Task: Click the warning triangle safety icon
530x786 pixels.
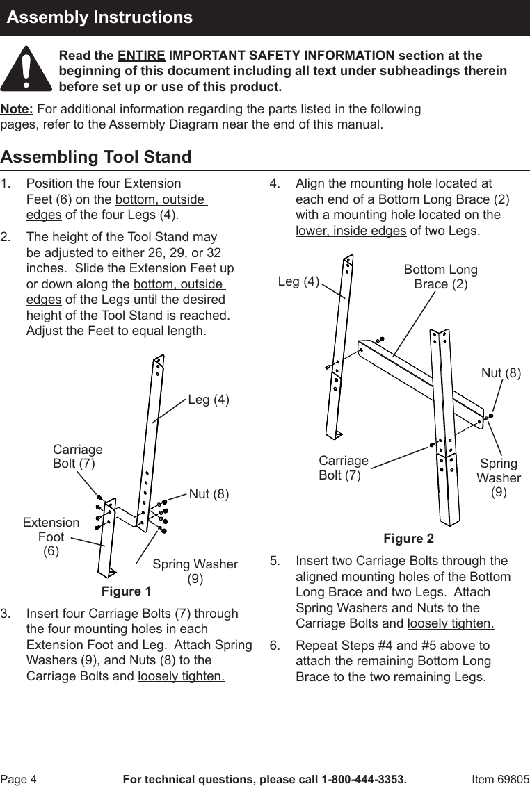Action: (26, 69)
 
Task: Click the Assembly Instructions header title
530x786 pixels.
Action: (100, 17)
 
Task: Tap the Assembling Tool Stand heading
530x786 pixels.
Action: (96, 157)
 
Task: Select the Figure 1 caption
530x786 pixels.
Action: (126, 591)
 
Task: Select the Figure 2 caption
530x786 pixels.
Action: (408, 539)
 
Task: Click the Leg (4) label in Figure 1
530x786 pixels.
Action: (209, 400)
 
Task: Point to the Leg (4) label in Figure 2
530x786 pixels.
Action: (298, 281)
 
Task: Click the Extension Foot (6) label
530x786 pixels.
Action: (51, 537)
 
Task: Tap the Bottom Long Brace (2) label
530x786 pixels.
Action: (440, 277)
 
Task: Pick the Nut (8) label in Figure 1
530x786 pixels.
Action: (209, 494)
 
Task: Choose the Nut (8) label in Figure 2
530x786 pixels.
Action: (501, 373)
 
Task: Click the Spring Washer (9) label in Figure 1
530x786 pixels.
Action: (195, 571)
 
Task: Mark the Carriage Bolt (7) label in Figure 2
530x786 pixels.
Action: (343, 468)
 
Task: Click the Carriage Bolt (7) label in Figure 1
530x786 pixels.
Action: (77, 457)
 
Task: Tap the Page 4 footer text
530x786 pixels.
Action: (19, 779)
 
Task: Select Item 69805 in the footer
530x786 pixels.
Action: (500, 779)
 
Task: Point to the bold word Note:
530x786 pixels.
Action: (17, 110)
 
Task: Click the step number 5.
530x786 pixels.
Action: (275, 561)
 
